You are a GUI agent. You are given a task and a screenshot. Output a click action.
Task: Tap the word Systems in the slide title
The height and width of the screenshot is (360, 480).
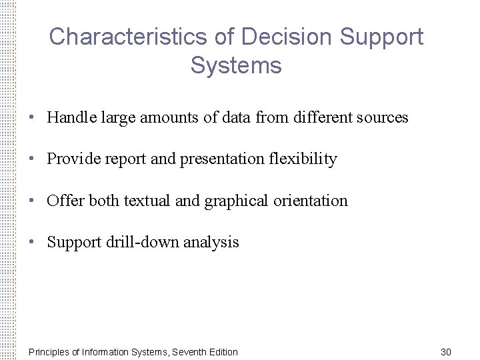(x=236, y=66)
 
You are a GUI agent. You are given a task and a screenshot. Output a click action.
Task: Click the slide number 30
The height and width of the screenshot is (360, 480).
(x=446, y=351)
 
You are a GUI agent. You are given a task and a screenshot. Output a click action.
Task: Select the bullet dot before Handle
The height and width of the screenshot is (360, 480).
(x=32, y=118)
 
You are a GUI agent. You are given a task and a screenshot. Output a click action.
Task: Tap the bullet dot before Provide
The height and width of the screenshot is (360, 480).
(x=32, y=159)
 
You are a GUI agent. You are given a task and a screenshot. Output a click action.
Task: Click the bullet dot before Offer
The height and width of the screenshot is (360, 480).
(x=32, y=201)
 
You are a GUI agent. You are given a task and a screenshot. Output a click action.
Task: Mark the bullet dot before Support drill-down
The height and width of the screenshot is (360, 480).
(x=32, y=242)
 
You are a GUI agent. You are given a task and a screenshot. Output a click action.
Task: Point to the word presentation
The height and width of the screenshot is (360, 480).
(x=221, y=159)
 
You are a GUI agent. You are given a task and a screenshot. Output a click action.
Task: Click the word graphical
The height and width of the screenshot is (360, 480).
(x=236, y=201)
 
